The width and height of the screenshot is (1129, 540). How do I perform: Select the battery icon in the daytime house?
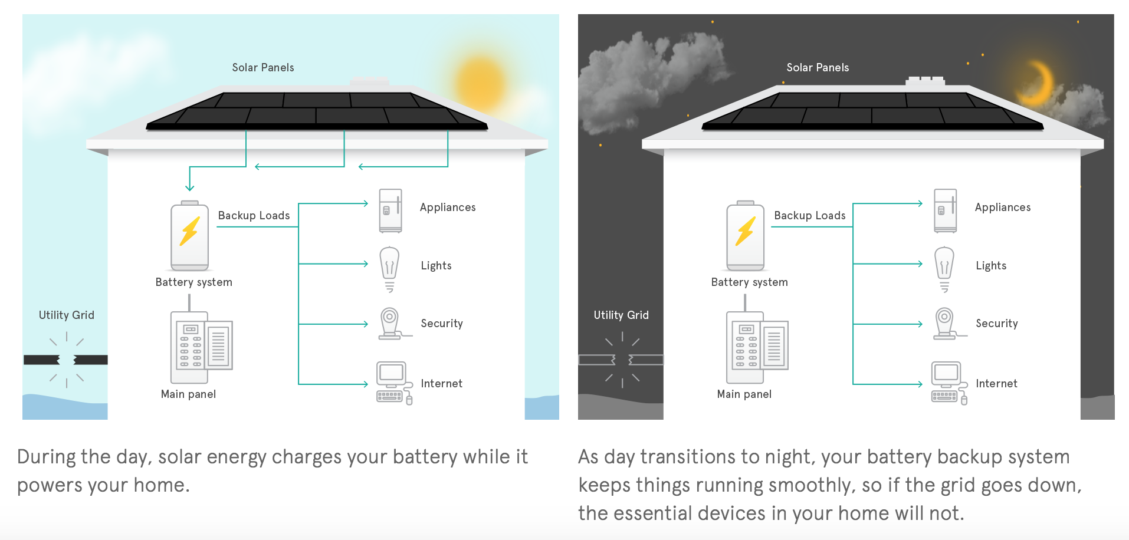tap(189, 235)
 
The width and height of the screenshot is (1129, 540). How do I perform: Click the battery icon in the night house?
tap(746, 235)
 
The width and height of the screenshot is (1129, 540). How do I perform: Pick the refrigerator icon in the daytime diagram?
tap(390, 210)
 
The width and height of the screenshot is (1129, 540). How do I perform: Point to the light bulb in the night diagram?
tap(944, 268)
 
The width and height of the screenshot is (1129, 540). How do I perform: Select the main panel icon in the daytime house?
tap(201, 347)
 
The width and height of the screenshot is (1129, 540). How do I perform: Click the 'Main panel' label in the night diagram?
tap(744, 394)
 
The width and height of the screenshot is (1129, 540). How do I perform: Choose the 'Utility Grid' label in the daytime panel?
tap(67, 315)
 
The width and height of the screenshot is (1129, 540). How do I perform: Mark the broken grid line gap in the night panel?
tap(622, 360)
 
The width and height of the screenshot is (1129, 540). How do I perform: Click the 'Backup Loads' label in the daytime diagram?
tap(254, 216)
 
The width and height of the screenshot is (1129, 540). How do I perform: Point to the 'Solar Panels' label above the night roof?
tap(818, 68)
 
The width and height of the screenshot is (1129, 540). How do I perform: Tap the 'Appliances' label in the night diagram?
tap(1002, 208)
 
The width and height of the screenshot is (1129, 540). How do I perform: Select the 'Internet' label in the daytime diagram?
tap(441, 384)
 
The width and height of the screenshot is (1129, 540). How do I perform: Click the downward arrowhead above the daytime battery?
tap(189, 187)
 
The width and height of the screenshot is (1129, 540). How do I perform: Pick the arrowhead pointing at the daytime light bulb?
tap(365, 264)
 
